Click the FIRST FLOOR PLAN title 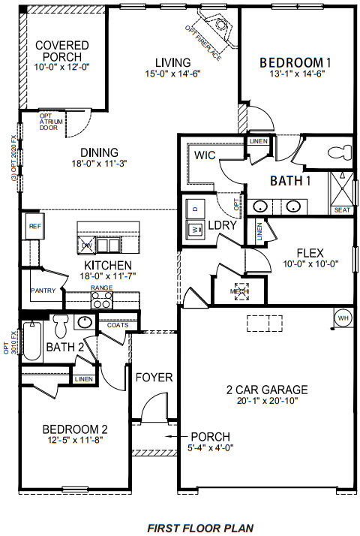[x=200, y=528]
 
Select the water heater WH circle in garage [x=343, y=318]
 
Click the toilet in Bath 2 [x=61, y=325]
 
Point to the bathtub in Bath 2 [x=32, y=340]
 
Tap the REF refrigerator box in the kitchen [x=34, y=225]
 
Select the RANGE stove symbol [x=101, y=299]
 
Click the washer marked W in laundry [x=195, y=229]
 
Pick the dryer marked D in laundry [x=195, y=208]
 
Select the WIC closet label [x=205, y=155]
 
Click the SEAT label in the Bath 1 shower [x=342, y=209]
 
